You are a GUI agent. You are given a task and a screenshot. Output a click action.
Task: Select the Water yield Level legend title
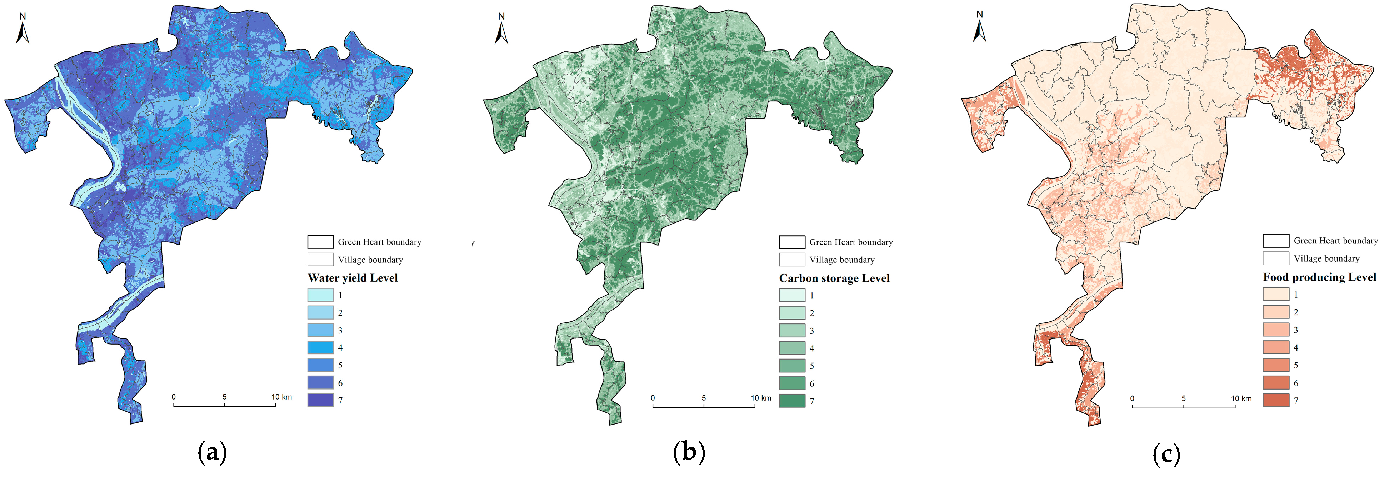click(353, 278)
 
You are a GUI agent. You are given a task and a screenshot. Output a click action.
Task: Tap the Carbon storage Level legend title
click(834, 278)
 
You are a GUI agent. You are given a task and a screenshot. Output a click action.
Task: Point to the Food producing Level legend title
click(1319, 277)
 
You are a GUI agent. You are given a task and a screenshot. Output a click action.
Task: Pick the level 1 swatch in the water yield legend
click(320, 295)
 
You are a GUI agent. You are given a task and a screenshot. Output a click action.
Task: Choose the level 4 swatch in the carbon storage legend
click(792, 348)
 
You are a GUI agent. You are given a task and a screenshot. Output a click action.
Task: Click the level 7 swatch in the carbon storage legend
click(792, 401)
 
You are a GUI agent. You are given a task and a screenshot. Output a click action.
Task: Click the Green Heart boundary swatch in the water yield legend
click(320, 242)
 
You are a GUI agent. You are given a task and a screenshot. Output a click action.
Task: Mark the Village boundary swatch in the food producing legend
click(1276, 258)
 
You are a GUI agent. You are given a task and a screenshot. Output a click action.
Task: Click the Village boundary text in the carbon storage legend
click(842, 260)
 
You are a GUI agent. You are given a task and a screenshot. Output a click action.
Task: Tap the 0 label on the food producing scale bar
click(1132, 398)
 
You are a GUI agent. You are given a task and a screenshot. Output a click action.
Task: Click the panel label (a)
click(212, 453)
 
